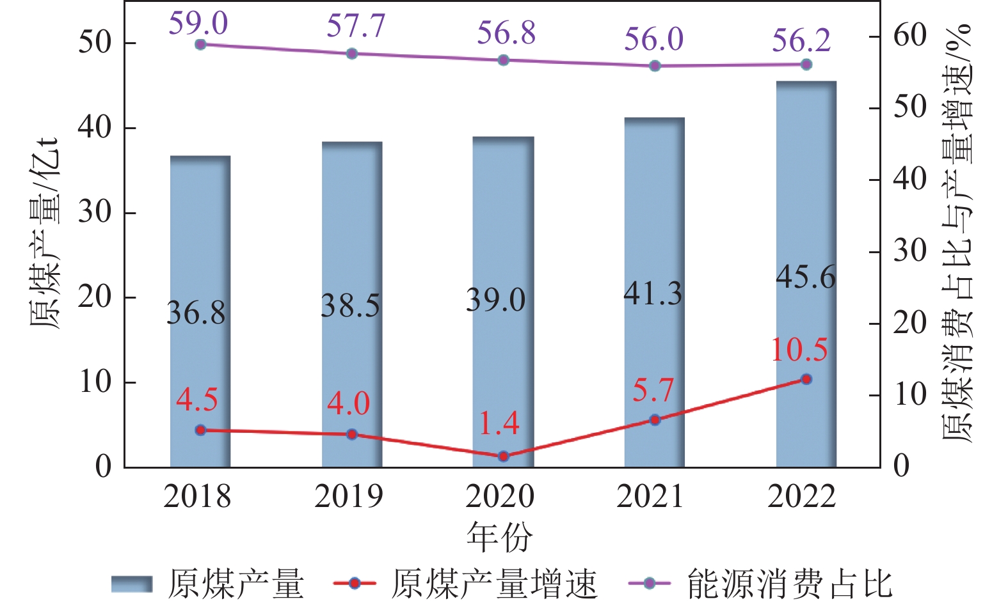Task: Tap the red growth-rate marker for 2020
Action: point(503,456)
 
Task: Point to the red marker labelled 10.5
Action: point(806,379)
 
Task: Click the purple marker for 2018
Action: point(200,44)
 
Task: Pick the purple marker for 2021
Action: point(655,66)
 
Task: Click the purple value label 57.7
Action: point(356,26)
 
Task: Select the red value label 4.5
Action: point(197,400)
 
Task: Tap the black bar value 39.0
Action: point(496,300)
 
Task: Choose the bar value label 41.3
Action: point(653,293)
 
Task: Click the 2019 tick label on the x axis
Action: point(348,497)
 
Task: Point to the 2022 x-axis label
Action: point(802,497)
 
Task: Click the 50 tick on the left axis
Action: point(95,43)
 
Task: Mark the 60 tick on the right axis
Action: point(910,35)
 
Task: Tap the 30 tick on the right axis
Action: point(910,251)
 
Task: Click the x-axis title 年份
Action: point(500,536)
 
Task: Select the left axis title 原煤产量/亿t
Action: point(46,233)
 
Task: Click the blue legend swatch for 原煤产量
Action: point(132,584)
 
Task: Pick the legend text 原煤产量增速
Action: point(493,584)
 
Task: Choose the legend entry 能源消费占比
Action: point(789,584)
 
